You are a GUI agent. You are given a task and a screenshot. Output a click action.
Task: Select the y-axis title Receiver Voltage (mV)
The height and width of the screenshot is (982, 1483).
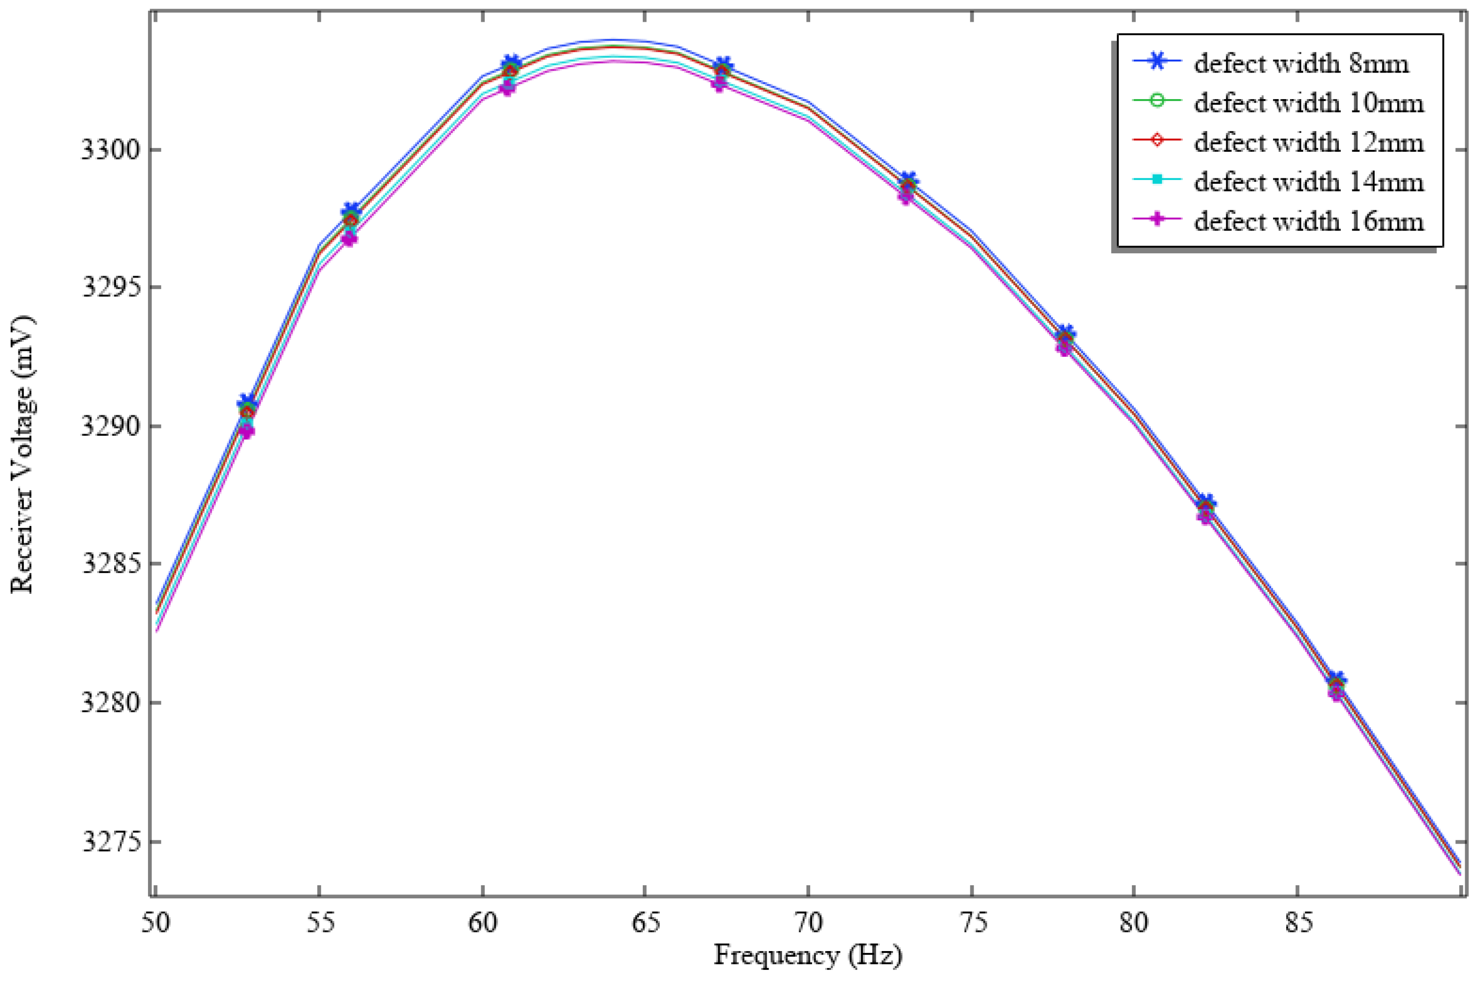(x=23, y=454)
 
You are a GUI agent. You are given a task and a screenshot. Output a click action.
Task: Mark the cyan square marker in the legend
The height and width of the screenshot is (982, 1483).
(x=1157, y=180)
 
